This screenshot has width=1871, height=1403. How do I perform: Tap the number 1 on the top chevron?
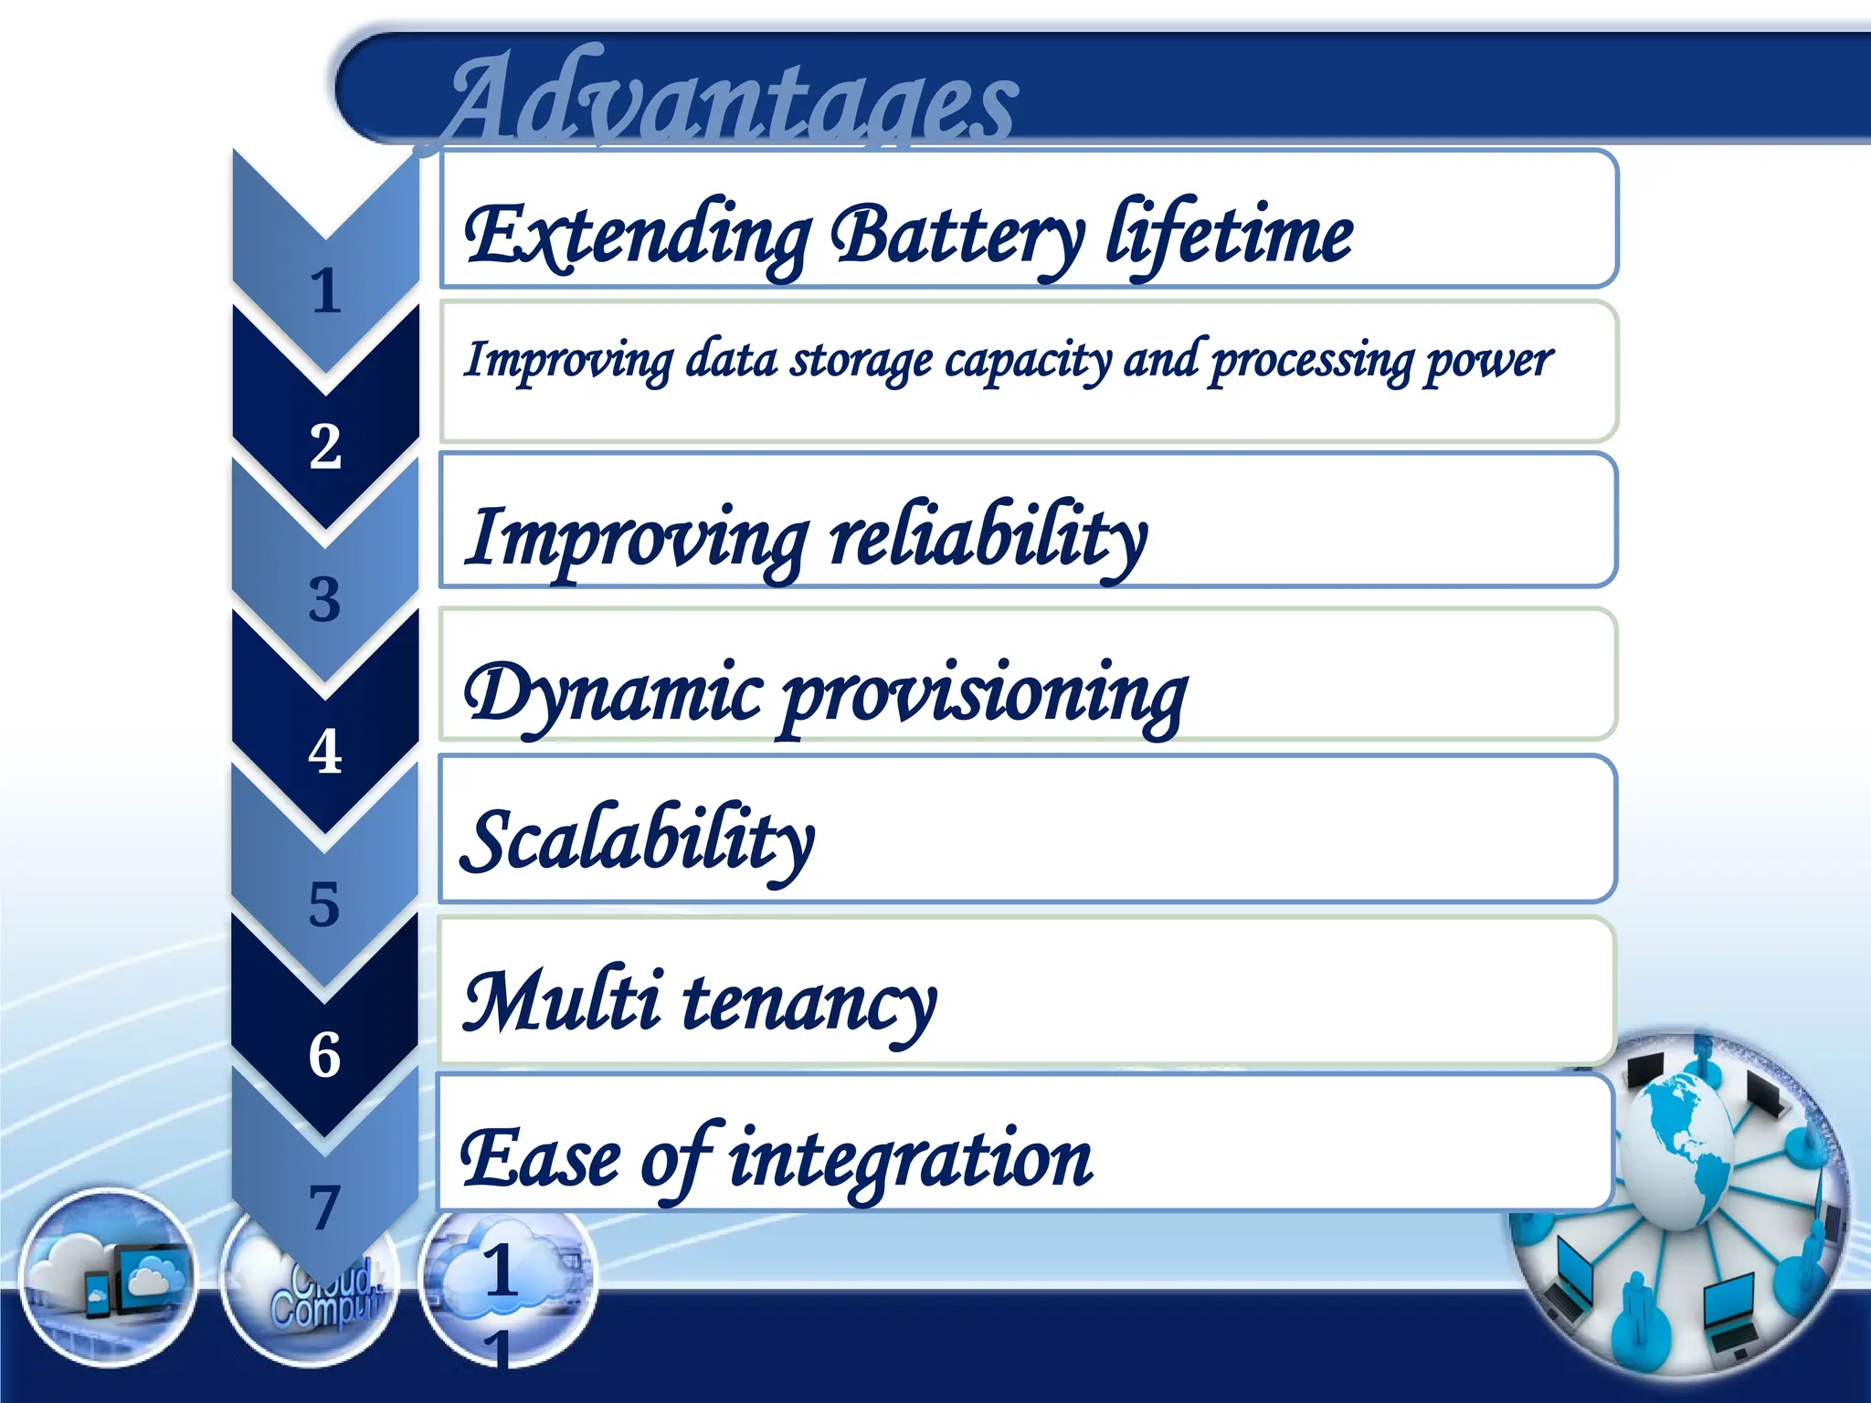click(325, 291)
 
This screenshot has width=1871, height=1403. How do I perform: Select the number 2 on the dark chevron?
click(325, 447)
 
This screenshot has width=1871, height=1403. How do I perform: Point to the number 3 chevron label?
click(324, 599)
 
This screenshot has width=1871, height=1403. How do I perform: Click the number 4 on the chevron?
click(325, 752)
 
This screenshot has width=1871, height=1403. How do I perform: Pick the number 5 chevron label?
click(324, 904)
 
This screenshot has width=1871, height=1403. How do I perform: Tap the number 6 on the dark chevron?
click(324, 1055)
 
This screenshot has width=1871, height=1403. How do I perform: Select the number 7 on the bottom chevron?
click(324, 1208)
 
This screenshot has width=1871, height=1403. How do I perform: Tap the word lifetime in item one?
click(1229, 236)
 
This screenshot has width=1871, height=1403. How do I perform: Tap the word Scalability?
click(638, 840)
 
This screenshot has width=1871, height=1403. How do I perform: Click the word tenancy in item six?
click(809, 1002)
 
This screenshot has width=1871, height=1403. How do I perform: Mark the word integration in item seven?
click(910, 1158)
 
